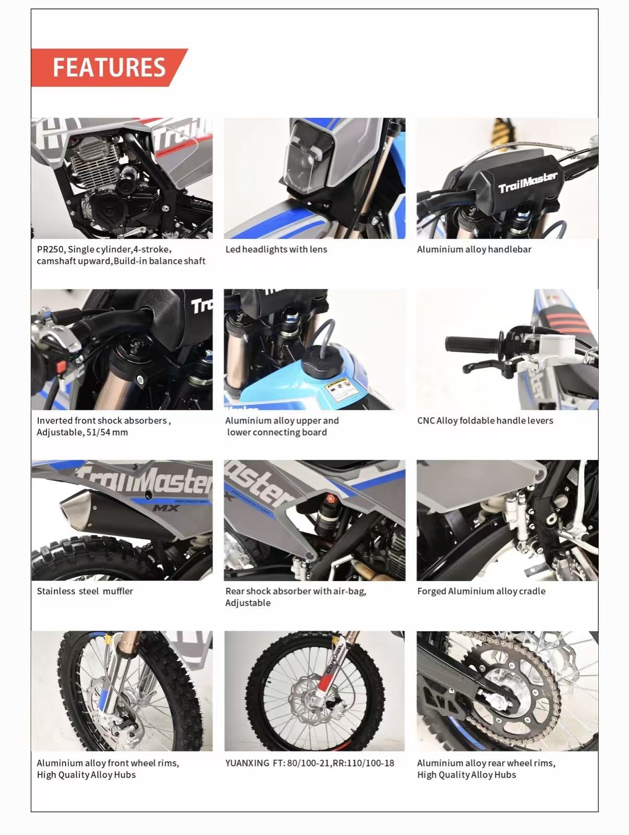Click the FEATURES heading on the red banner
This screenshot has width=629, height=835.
coord(109,68)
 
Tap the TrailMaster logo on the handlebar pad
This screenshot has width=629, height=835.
coord(527,182)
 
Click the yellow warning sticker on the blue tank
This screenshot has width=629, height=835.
coord(339,389)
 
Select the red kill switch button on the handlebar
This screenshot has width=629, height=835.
coord(61,367)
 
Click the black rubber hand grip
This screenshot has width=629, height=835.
coord(472,344)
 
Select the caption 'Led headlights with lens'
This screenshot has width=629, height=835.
coord(276,249)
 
